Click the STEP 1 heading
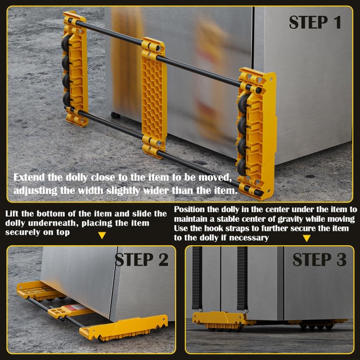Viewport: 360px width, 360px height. click(315, 22)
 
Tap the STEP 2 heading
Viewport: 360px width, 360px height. click(142, 260)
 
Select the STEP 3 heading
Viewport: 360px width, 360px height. click(319, 260)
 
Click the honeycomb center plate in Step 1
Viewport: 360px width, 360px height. click(154, 98)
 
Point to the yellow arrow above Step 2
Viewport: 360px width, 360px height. click(102, 235)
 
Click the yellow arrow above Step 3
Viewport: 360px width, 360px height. click(306, 238)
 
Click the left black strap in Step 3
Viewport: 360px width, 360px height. click(197, 276)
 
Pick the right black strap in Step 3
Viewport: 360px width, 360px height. click(242, 276)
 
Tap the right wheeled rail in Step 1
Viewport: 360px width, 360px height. click(254, 132)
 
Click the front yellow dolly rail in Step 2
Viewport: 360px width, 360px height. click(124, 326)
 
